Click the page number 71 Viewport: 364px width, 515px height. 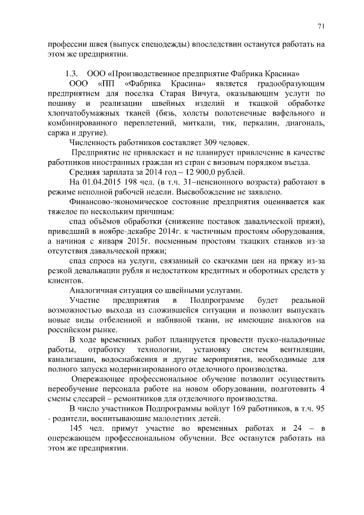pos(321,26)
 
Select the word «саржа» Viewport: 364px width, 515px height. pos(59,133)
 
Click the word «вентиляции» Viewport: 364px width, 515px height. pos(303,349)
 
